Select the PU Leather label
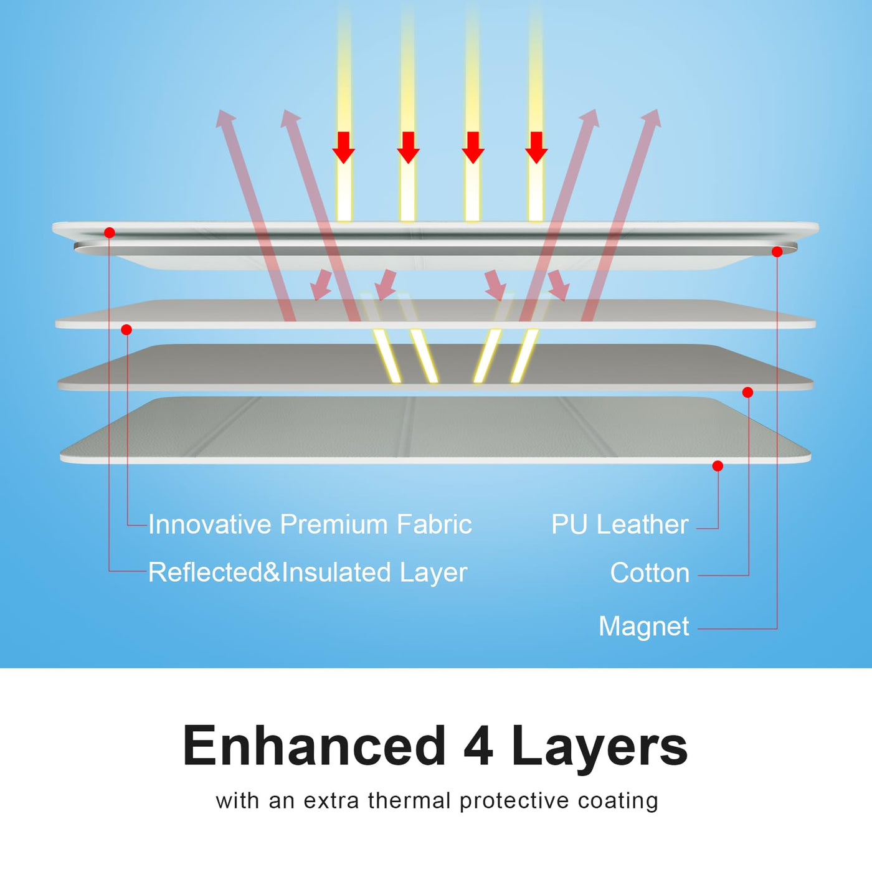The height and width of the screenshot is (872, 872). tap(620, 524)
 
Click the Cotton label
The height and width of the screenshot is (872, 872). tap(650, 573)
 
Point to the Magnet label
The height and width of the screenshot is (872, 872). tap(643, 626)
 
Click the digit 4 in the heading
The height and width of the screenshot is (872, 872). tap(478, 746)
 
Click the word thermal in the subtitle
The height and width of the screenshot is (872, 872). tap(409, 800)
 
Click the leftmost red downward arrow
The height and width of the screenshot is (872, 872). tap(343, 148)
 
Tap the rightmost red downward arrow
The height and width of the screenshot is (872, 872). tap(536, 148)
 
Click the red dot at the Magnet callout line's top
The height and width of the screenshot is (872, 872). tap(777, 252)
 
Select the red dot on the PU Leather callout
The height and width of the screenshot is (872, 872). tap(718, 466)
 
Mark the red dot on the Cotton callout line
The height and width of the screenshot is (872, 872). tap(748, 392)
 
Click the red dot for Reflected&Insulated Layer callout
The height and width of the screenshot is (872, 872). tap(110, 233)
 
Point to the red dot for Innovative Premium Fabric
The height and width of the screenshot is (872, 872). tap(126, 329)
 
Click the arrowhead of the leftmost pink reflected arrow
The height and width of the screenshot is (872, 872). tap(224, 118)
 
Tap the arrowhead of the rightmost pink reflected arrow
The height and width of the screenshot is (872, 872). tap(652, 118)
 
